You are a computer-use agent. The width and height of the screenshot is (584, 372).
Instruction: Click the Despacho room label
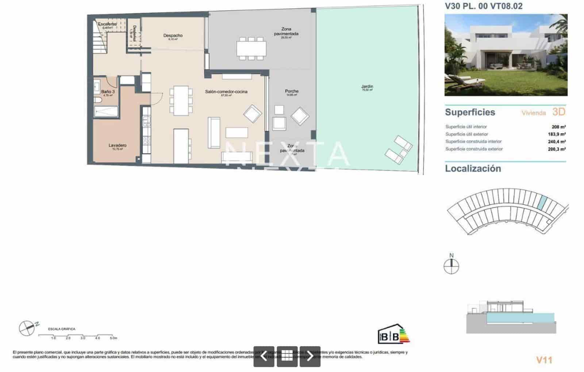pos(173,36)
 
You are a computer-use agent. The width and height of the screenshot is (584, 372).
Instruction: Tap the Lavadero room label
pos(118,146)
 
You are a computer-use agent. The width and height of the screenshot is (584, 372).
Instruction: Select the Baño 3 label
pos(108,92)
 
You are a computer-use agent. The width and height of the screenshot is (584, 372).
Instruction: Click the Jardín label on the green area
pos(367,87)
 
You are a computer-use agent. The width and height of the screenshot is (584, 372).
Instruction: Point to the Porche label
pos(292,91)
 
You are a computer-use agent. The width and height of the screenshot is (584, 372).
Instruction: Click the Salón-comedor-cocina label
pos(226,92)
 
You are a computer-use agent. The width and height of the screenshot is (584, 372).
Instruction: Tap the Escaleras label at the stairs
pos(107,24)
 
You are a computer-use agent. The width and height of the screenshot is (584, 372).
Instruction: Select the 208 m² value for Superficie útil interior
pos(558,127)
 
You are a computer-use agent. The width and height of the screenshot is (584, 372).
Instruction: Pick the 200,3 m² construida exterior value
pos(557,149)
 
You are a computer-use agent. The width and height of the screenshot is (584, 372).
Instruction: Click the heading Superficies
pos(470,112)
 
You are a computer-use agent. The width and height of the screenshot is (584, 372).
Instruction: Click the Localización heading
pos(473,168)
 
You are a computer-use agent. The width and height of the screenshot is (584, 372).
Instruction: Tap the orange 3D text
pos(559,112)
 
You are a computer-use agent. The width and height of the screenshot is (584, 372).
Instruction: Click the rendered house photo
pos(506,55)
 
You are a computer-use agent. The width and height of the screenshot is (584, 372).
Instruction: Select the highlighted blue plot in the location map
pos(543,202)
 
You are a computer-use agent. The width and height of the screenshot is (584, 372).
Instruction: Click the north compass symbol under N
pos(452,267)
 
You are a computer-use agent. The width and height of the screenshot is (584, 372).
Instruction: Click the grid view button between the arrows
pos(287,356)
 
